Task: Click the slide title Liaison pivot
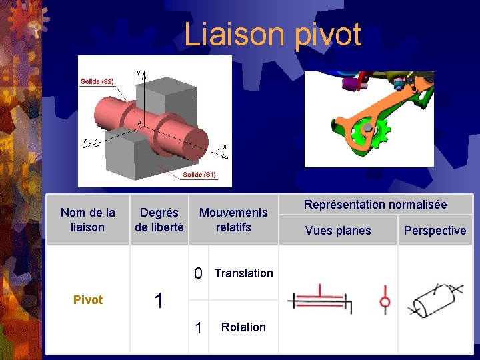[273, 35]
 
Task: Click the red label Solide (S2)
[97, 81]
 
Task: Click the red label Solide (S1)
[199, 175]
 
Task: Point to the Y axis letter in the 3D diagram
[139, 73]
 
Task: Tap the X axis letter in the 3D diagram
[224, 146]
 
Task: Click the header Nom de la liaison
[87, 220]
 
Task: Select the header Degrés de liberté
[159, 220]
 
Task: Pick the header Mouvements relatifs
[233, 220]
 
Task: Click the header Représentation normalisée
[375, 205]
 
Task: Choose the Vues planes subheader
[338, 231]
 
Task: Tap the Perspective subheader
[435, 231]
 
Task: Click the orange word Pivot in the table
[88, 300]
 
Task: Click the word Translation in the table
[244, 273]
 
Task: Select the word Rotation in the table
[243, 327]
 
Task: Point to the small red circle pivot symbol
[385, 302]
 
